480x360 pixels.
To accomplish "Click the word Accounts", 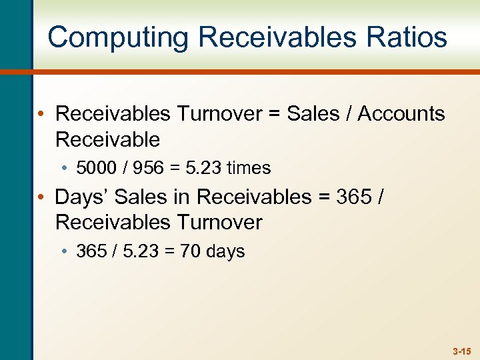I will [401, 114].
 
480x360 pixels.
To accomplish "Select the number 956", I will [147, 168].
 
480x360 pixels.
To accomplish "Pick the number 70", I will [191, 251].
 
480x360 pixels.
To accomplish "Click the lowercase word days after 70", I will [225, 251].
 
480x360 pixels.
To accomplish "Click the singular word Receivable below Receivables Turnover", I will [108, 140].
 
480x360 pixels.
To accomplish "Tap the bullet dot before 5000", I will [69, 169].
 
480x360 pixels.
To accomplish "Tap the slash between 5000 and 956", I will [125, 168].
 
